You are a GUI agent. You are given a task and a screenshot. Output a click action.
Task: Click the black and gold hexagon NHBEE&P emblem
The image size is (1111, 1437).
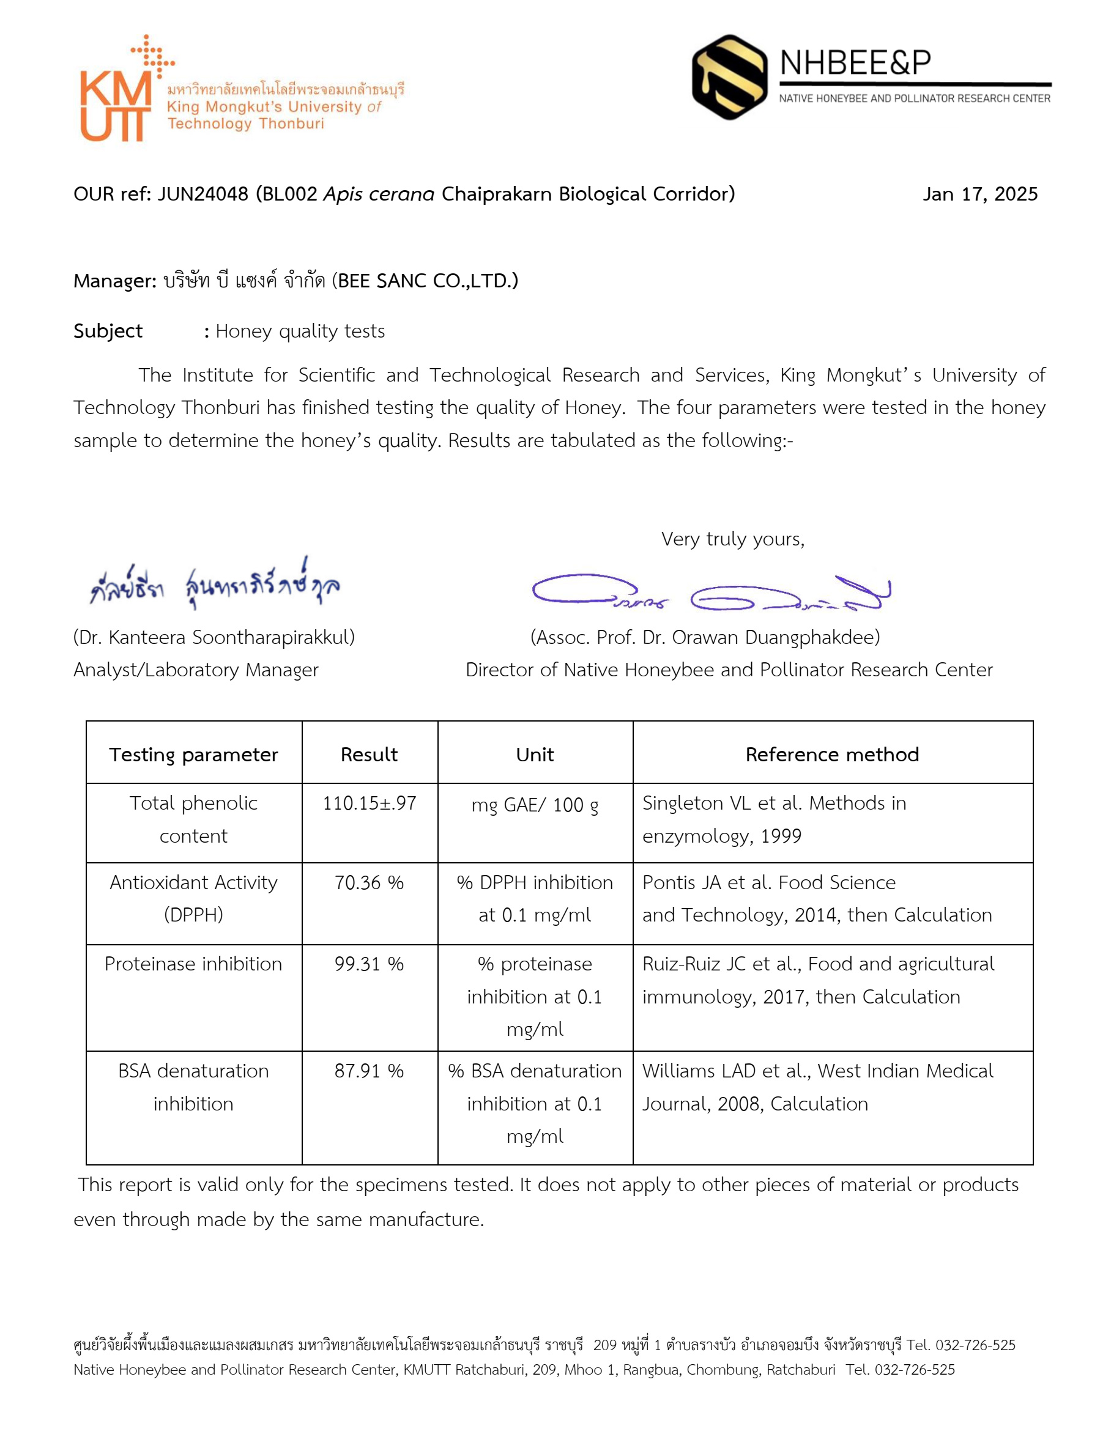click(x=729, y=78)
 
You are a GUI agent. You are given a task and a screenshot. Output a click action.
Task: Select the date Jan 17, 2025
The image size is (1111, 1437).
click(x=979, y=194)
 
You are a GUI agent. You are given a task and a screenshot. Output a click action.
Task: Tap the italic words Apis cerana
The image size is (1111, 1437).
click(x=379, y=194)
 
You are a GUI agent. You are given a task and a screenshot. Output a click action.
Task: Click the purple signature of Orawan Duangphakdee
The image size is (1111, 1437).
click(x=711, y=592)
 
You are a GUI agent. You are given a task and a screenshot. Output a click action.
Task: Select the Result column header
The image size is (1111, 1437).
click(x=370, y=755)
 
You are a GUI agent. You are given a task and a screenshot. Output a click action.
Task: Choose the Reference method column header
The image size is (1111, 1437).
click(x=832, y=755)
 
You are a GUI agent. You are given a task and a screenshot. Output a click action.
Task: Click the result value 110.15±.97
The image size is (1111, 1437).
click(x=370, y=803)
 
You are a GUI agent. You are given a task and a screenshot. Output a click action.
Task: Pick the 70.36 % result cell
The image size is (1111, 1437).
click(x=370, y=882)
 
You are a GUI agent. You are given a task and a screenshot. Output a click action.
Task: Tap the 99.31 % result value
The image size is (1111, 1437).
click(x=370, y=964)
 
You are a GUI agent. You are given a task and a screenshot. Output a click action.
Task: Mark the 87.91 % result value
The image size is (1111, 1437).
click(x=370, y=1071)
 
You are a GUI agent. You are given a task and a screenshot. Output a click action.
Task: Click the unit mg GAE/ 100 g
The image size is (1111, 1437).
click(x=535, y=805)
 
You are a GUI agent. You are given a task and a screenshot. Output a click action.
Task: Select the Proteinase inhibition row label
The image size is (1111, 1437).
click(x=193, y=964)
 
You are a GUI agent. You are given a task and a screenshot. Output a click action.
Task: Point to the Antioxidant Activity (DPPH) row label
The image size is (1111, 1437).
click(x=193, y=898)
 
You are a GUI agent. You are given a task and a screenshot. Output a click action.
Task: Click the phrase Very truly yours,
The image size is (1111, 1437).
click(x=732, y=539)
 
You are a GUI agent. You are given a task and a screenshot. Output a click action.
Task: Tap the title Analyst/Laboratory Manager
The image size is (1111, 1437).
click(x=196, y=670)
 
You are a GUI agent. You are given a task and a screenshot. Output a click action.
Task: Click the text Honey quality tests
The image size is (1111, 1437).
click(x=300, y=331)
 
